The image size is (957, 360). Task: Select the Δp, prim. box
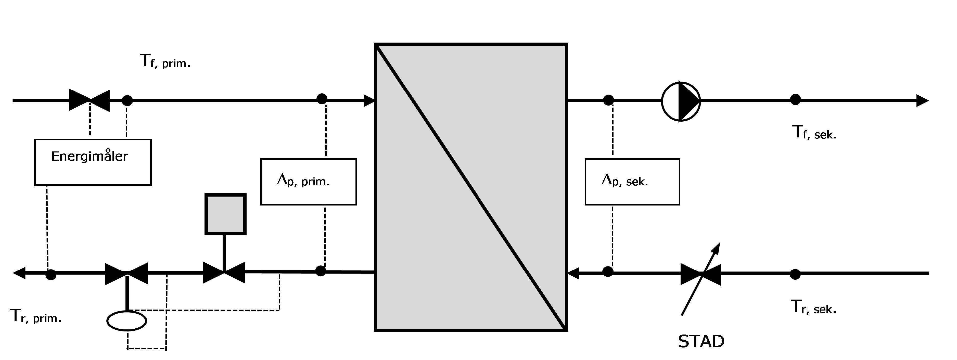(x=308, y=182)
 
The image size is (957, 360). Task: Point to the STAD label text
(x=701, y=341)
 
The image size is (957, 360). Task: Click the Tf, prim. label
(x=165, y=61)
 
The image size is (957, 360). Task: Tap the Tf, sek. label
(x=814, y=133)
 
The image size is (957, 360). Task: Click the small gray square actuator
(x=225, y=214)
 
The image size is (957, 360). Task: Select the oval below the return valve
(x=127, y=321)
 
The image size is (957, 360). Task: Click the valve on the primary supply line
(x=90, y=100)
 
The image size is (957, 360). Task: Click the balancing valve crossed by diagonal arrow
(x=701, y=275)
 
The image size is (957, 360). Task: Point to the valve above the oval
(x=127, y=274)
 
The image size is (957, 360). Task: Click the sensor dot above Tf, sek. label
(x=795, y=100)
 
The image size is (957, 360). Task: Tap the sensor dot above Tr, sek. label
(x=795, y=274)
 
